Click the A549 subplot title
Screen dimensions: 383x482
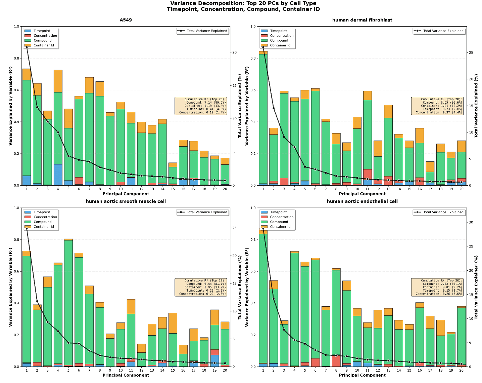point(126,20)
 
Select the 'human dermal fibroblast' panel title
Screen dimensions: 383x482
point(362,20)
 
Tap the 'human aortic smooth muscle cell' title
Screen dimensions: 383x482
point(126,201)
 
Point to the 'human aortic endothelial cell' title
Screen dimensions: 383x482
point(362,201)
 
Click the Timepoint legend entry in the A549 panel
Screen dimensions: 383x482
point(42,31)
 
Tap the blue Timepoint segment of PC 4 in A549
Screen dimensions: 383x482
point(58,175)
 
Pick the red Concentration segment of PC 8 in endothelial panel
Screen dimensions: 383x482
point(336,361)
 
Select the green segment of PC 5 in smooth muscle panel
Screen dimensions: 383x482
point(68,303)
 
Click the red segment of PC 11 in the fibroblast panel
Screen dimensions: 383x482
point(368,175)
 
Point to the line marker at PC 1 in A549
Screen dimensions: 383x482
point(27,47)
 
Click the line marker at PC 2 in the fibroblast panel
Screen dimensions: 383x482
point(274,108)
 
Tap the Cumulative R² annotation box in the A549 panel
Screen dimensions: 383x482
point(201,106)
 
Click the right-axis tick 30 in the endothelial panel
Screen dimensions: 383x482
point(471,222)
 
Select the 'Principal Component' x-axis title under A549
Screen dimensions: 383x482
point(126,194)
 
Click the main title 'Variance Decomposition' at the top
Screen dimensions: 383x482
point(243,3)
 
